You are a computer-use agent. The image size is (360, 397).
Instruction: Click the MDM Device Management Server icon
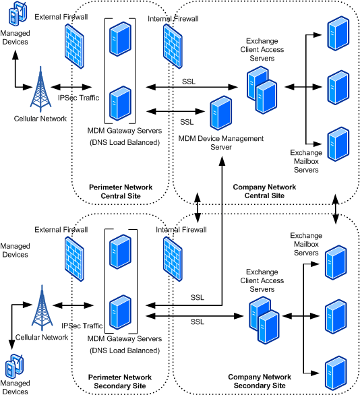point(220,113)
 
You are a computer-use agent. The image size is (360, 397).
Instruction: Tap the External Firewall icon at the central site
point(74,46)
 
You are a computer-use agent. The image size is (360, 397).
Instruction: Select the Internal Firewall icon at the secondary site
point(173,259)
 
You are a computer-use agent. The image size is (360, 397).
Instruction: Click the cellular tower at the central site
point(40,89)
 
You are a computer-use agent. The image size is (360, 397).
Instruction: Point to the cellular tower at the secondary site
point(42,307)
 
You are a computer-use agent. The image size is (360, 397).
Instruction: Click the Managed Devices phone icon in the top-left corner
point(18,13)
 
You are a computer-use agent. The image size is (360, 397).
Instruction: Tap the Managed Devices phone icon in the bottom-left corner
point(15,366)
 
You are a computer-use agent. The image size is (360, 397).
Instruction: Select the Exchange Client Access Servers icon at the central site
point(262,90)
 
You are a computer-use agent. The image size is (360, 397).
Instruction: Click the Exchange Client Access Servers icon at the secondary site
point(264,320)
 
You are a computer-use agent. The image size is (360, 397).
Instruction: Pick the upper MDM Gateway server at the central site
point(120,39)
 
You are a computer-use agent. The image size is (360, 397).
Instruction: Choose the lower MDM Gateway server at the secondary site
point(120,312)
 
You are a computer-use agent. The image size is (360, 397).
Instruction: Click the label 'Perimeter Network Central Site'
point(121,191)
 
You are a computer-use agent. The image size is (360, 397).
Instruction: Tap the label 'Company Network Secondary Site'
point(260,381)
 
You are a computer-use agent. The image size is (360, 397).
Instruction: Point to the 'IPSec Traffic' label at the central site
point(78,98)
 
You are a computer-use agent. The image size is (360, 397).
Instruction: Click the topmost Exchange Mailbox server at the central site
point(338,34)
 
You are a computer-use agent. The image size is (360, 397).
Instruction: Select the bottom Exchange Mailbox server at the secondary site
point(336,373)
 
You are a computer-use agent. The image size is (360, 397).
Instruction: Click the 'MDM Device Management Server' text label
point(221,142)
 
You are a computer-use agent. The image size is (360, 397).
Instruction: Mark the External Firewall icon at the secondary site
point(74,259)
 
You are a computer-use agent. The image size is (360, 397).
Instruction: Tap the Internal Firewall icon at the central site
point(173,46)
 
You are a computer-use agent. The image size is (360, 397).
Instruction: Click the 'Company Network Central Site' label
point(264,191)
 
